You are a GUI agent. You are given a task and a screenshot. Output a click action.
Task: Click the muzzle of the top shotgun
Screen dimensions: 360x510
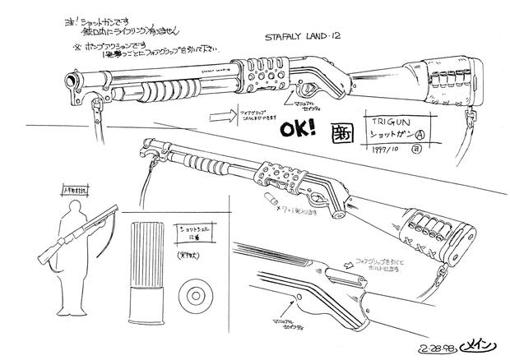[71, 80]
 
